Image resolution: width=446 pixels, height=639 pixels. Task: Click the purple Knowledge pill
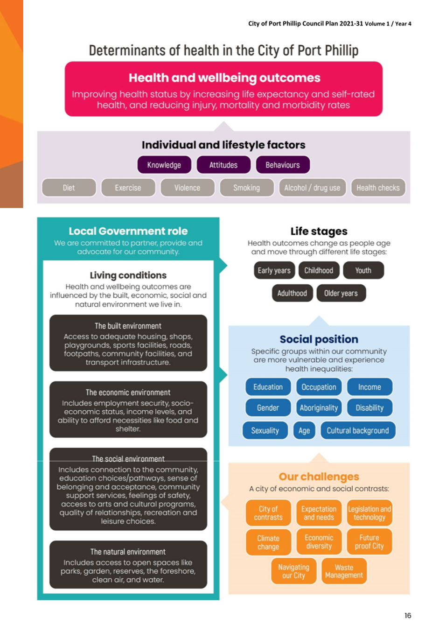tap(164, 165)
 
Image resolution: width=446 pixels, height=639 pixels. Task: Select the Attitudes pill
tap(223, 165)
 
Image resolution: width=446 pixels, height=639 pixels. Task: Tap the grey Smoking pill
tap(247, 188)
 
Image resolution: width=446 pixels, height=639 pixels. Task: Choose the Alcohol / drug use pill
tap(312, 188)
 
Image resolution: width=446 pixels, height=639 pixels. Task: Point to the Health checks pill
tap(378, 188)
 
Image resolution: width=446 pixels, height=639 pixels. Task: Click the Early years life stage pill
tap(274, 270)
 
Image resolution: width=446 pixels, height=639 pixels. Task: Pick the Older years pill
tap(341, 293)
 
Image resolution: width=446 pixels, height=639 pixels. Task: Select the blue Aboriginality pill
tap(319, 407)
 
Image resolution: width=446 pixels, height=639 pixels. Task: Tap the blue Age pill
tap(304, 430)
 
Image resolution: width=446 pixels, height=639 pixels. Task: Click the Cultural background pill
tap(358, 430)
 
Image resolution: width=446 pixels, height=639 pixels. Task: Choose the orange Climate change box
tap(268, 542)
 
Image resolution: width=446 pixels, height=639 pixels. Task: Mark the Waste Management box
tap(344, 571)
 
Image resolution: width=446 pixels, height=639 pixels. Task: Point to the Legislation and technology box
tap(369, 513)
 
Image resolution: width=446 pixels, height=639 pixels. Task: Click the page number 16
tap(408, 615)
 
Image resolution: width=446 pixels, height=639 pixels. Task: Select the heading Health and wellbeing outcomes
tap(224, 78)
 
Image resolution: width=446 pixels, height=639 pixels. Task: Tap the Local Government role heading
tap(128, 231)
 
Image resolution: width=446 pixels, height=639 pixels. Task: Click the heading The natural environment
tap(128, 552)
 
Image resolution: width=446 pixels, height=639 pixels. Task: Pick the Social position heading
tap(319, 339)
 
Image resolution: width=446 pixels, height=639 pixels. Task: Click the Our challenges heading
tap(319, 477)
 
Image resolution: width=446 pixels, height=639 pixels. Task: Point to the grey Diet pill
tap(69, 188)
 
